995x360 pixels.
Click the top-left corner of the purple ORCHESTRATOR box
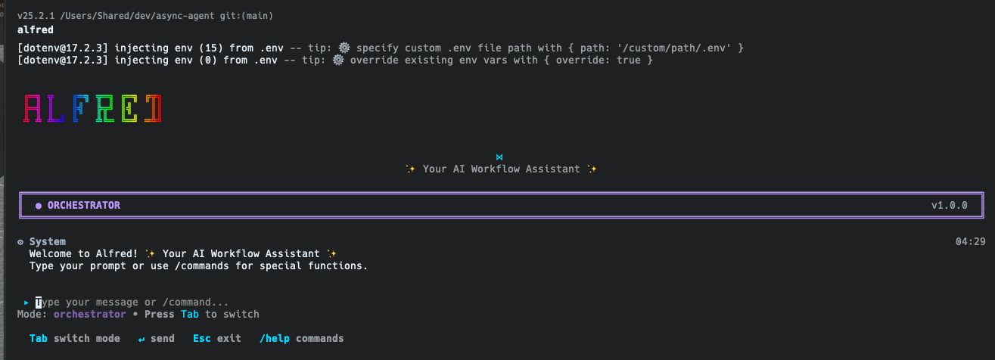(20, 193)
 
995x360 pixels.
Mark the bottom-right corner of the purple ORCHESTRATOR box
(984, 218)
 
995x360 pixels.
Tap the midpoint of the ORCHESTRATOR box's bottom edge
(502, 218)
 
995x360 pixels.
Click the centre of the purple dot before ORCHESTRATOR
(39, 206)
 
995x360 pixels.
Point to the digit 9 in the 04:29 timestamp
(982, 241)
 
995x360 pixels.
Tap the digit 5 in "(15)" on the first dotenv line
(214, 48)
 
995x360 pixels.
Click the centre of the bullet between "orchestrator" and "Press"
(135, 315)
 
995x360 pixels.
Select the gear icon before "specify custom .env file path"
(344, 48)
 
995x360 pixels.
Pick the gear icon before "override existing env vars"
(338, 60)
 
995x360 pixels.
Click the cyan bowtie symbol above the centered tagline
(499, 157)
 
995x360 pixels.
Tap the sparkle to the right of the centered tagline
(592, 169)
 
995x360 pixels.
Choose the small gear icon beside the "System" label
(20, 242)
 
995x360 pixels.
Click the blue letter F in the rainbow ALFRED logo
(80, 108)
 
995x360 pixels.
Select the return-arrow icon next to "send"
(141, 340)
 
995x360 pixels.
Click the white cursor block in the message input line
(39, 303)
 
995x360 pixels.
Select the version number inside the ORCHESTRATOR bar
(950, 206)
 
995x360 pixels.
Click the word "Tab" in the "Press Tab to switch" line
(190, 315)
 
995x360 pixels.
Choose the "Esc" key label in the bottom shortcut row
(202, 339)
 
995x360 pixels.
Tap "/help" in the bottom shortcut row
(275, 339)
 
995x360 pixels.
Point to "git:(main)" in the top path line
(247, 16)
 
